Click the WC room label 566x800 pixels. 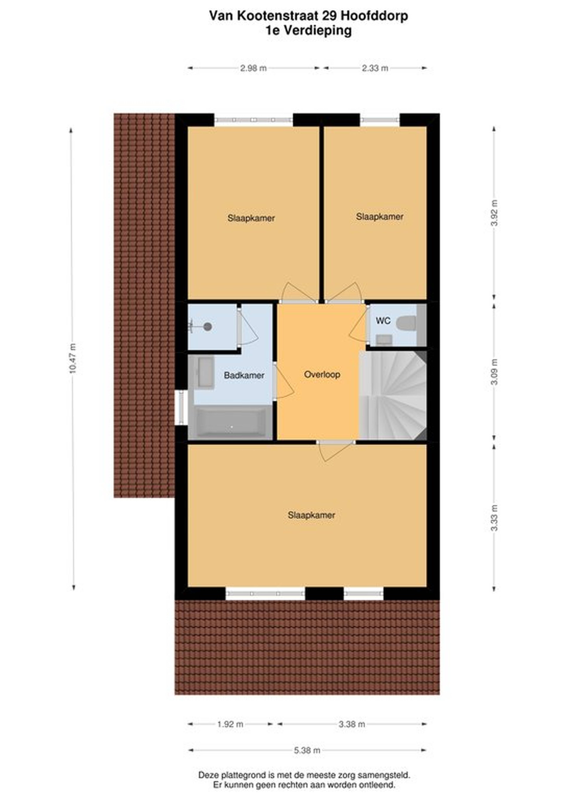click(x=383, y=321)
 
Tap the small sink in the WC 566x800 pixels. click(x=384, y=340)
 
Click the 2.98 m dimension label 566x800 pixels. click(x=254, y=68)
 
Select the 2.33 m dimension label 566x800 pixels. click(x=375, y=68)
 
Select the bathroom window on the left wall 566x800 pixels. click(x=181, y=408)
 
